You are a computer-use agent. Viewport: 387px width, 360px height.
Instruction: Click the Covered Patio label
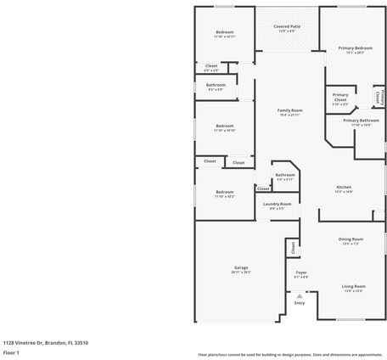(x=287, y=26)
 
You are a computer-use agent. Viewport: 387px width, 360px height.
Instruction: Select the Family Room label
(x=291, y=110)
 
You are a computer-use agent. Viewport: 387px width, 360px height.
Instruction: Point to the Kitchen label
(x=344, y=187)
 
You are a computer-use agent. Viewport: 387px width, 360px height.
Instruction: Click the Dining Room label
(x=351, y=239)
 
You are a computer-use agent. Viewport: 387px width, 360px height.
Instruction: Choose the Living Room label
(x=353, y=286)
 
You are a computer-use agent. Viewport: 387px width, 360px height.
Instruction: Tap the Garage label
(x=241, y=267)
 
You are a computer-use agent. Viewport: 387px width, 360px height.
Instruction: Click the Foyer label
(x=301, y=273)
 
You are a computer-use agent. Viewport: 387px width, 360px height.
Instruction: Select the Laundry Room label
(x=277, y=204)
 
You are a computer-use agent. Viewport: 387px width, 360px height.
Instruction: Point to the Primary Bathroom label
(x=361, y=121)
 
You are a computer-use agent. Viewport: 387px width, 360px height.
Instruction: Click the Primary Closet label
(x=340, y=95)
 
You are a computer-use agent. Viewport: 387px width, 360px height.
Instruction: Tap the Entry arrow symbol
(x=300, y=294)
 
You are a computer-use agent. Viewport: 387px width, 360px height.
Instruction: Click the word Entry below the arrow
(x=300, y=302)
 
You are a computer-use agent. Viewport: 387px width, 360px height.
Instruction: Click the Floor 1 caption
(x=11, y=352)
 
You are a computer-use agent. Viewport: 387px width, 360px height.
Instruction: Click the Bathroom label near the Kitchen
(x=284, y=175)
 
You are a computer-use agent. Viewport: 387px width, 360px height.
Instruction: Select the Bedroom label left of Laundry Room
(x=224, y=192)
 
